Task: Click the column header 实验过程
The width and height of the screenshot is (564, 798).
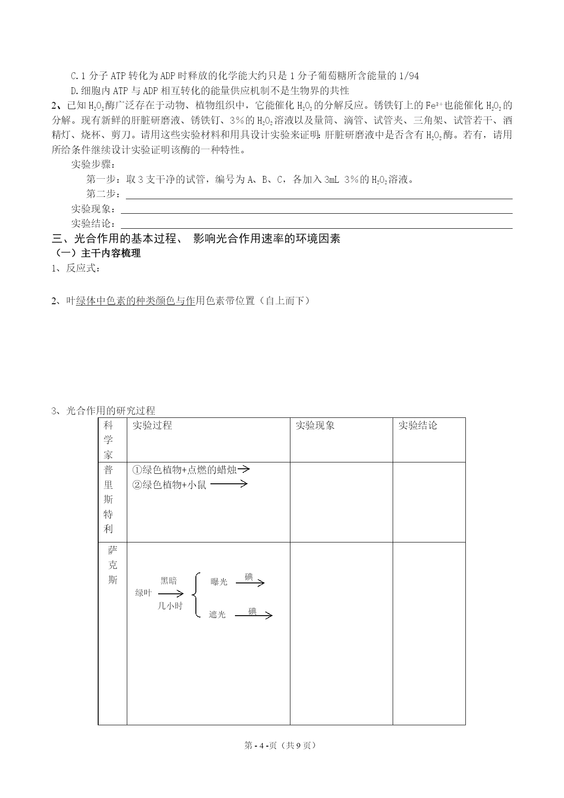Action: [x=152, y=425]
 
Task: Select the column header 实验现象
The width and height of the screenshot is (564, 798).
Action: [x=315, y=425]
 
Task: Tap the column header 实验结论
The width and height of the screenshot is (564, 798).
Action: [x=418, y=425]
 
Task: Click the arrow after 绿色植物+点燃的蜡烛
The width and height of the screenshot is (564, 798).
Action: [x=244, y=469]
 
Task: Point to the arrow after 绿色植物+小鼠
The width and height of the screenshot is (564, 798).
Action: [x=229, y=484]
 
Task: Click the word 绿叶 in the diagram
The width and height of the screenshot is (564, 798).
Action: [x=143, y=592]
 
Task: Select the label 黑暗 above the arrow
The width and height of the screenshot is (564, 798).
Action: [x=169, y=581]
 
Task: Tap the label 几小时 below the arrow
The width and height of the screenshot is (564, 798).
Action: [x=170, y=606]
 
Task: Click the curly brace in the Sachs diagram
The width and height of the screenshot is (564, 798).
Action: [x=196, y=595]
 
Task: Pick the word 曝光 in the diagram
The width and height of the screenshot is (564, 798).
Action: [x=219, y=582]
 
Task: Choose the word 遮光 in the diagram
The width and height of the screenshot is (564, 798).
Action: [x=217, y=614]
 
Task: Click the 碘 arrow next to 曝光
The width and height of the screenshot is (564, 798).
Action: [x=250, y=582]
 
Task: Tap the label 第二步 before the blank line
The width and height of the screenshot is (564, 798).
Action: [x=103, y=194]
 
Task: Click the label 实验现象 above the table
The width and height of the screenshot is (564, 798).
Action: [x=93, y=209]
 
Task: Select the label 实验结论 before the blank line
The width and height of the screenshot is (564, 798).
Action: [x=93, y=223]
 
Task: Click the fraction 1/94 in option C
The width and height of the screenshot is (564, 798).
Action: [x=409, y=76]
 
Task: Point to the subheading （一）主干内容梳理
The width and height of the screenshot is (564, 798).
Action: [x=97, y=253]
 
